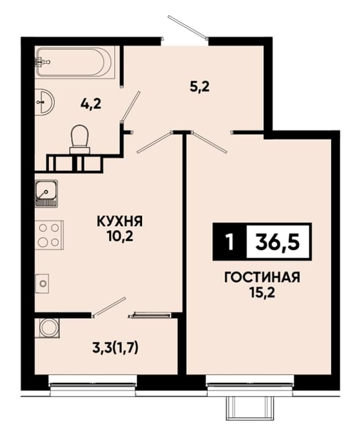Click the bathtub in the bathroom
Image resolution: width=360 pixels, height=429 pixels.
point(74,63)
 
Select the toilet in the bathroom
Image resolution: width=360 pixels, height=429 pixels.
point(80,140)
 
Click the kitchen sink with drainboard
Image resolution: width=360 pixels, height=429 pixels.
point(46,194)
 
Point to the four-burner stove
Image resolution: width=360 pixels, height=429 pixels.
point(49,235)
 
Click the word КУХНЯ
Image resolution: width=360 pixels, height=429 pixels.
point(120,221)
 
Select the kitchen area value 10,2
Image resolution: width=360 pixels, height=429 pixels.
point(120,237)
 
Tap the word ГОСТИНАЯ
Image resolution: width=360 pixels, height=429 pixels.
point(262,278)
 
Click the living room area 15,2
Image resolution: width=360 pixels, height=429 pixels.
point(262,293)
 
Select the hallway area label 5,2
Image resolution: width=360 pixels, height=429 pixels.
point(200,87)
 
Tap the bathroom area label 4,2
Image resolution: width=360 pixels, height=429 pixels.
point(91,104)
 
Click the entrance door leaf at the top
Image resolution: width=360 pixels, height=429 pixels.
point(187,27)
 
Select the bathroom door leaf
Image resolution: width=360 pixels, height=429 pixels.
point(130,105)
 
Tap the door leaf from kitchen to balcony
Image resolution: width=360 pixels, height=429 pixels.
point(110,307)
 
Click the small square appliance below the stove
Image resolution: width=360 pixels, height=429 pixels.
point(42,283)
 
